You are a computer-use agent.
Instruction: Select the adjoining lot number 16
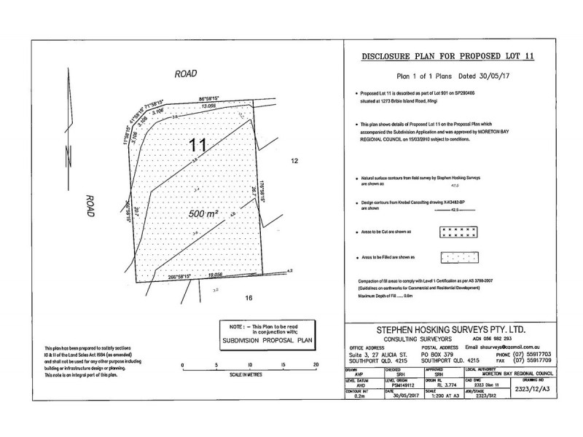[x=249, y=298]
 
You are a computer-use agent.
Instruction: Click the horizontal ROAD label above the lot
[x=187, y=74]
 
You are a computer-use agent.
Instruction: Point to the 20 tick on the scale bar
[x=316, y=364]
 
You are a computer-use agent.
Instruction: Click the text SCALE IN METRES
[x=249, y=374]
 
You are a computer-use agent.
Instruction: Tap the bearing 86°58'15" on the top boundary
[x=211, y=98]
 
